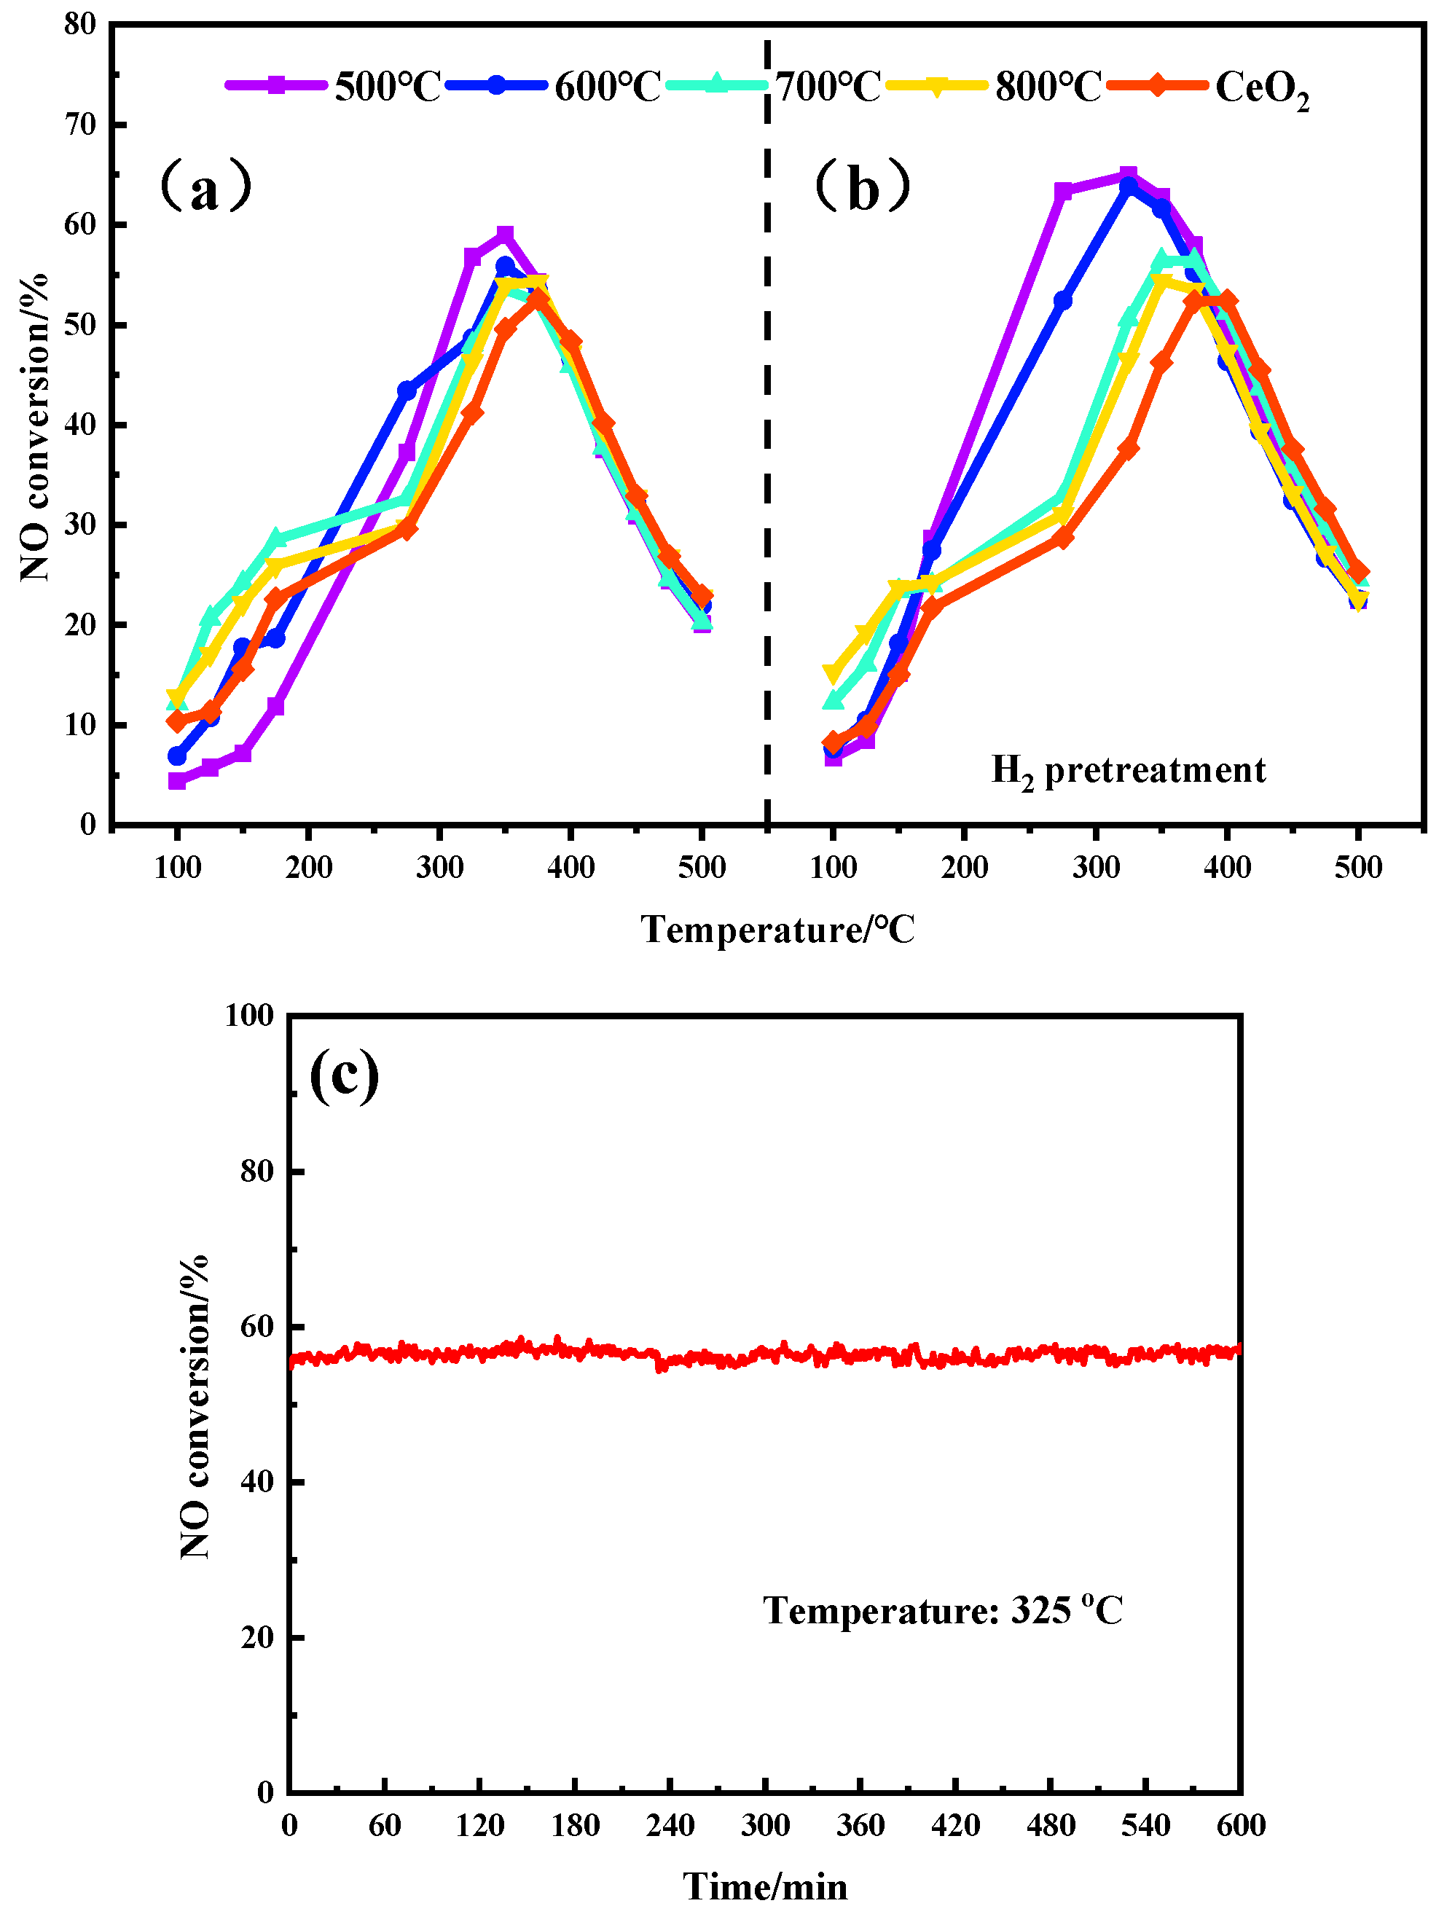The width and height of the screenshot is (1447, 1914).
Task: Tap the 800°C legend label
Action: [1047, 87]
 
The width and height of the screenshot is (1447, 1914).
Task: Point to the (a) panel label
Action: [205, 188]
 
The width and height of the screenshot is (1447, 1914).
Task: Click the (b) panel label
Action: [863, 188]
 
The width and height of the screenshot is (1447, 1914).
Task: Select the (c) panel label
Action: [345, 1075]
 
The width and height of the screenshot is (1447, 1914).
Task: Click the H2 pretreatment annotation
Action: [1128, 770]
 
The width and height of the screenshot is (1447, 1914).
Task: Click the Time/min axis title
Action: [765, 1886]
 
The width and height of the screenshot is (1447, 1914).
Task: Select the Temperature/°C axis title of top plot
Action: [777, 930]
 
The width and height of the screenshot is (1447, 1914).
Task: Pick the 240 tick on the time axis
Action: [670, 1826]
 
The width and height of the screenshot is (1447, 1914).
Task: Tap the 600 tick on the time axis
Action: [1240, 1826]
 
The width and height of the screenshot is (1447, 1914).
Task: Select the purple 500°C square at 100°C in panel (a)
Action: [176, 780]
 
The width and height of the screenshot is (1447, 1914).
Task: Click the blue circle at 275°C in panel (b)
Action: [1063, 300]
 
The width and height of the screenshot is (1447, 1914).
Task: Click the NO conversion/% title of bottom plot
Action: [195, 1405]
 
